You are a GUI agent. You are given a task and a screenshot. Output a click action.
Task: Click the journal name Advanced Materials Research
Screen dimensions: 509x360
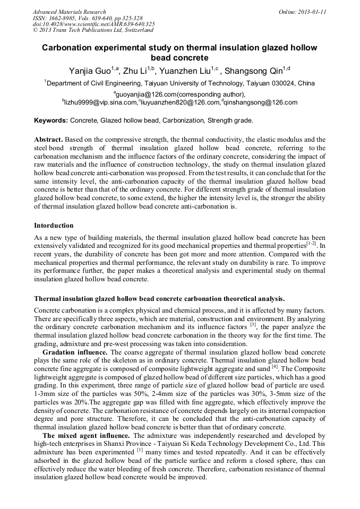(69, 12)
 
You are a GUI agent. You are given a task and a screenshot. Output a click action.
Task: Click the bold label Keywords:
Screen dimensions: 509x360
(51, 120)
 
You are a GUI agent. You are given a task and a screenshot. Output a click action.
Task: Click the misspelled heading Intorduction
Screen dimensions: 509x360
(54, 226)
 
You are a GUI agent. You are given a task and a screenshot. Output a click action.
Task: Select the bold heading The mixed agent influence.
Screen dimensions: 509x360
(86, 436)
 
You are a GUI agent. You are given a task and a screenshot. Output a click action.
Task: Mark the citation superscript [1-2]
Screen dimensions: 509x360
(311, 243)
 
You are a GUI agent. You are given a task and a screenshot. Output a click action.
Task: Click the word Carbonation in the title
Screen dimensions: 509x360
(69, 48)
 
